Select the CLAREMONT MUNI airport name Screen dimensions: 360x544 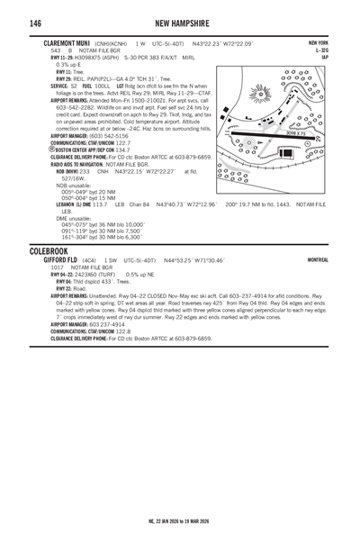point(64,43)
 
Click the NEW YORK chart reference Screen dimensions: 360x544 point(318,43)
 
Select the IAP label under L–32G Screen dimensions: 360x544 point(322,57)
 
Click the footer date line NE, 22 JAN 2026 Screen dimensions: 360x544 point(180,521)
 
